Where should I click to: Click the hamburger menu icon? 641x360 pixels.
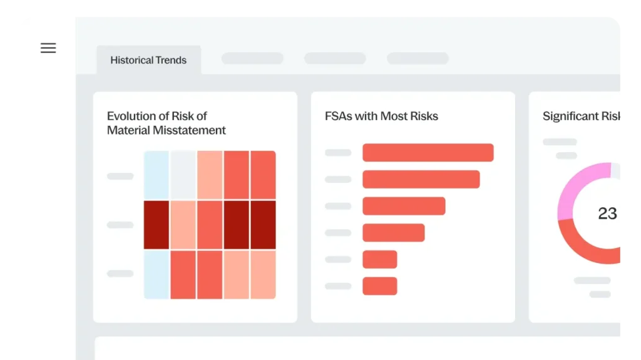48,48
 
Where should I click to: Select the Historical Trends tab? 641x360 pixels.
148,60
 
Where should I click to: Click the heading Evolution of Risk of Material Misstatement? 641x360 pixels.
166,123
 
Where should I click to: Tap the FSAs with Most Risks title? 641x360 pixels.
381,116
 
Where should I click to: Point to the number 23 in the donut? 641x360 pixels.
607,213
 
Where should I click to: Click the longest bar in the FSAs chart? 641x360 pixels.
428,153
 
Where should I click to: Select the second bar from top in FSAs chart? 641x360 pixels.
421,179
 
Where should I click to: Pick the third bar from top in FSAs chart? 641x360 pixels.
404,206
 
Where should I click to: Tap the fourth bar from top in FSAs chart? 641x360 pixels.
393,233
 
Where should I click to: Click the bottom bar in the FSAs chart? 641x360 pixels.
379,286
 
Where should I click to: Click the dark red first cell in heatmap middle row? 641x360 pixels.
156,225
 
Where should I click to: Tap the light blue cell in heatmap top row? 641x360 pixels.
156,175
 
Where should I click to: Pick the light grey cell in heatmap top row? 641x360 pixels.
183,175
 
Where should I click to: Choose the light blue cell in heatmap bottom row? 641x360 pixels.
156,275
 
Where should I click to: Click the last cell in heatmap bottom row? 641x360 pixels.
263,275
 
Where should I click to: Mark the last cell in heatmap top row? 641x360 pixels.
263,175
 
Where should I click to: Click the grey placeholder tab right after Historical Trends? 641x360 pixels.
252,58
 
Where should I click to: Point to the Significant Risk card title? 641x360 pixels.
581,116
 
